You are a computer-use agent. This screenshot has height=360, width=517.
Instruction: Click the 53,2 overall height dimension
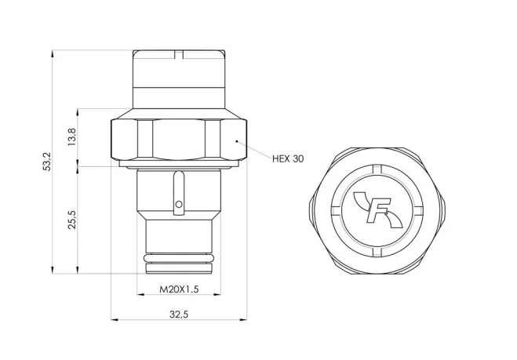[x=48, y=162]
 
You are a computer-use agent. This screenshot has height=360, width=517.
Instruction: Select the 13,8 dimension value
[x=72, y=136]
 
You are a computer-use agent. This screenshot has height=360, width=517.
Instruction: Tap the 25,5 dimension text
[x=72, y=220]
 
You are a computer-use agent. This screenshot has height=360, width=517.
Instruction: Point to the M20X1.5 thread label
[x=179, y=289]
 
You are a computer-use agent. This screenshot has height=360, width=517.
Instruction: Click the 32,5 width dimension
[x=179, y=315]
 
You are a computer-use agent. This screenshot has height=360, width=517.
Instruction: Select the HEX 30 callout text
[x=288, y=159]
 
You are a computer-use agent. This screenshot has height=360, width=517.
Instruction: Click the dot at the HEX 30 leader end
[x=236, y=141]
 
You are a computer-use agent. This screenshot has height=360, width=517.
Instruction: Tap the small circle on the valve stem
[x=179, y=205]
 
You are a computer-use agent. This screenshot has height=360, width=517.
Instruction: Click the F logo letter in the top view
[x=378, y=210]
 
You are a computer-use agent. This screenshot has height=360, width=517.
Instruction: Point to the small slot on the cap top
[x=179, y=55]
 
